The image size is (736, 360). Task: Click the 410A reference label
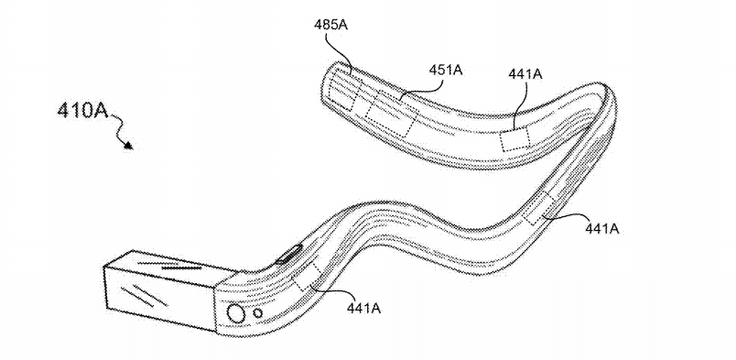(82, 112)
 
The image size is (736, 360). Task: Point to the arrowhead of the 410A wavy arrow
(129, 146)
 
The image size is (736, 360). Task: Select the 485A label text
(330, 26)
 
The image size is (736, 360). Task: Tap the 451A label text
(446, 70)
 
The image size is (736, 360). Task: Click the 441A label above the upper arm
(525, 74)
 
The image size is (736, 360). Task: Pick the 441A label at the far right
(601, 228)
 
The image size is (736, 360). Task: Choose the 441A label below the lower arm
(363, 309)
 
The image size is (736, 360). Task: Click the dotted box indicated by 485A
(344, 93)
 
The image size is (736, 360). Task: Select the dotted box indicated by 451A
(392, 114)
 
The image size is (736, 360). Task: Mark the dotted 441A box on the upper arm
(514, 139)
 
